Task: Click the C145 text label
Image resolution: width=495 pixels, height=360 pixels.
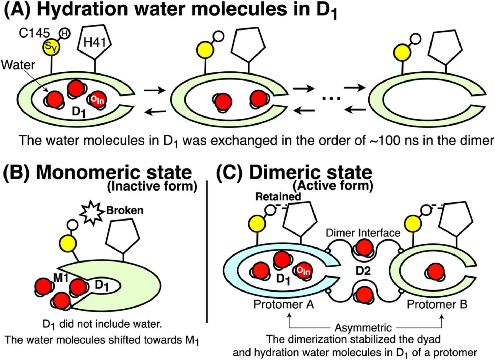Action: tap(34, 33)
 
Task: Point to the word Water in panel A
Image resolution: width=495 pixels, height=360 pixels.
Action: tap(18, 65)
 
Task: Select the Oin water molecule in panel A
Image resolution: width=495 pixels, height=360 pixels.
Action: tap(97, 100)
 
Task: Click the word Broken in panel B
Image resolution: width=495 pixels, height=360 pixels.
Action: tap(125, 210)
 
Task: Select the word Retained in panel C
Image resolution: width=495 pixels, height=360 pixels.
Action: tap(278, 197)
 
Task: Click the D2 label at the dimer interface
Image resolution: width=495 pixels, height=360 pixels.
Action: tap(363, 271)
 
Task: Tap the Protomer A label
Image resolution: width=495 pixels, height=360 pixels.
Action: tap(284, 305)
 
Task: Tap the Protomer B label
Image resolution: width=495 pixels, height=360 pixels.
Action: tap(437, 305)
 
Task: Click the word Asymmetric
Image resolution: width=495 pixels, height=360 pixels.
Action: tap(363, 328)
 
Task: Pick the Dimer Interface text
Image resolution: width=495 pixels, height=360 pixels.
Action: tap(363, 233)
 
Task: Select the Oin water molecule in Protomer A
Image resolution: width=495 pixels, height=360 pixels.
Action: tap(303, 271)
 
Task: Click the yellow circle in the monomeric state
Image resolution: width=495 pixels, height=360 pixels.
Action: tap(68, 242)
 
